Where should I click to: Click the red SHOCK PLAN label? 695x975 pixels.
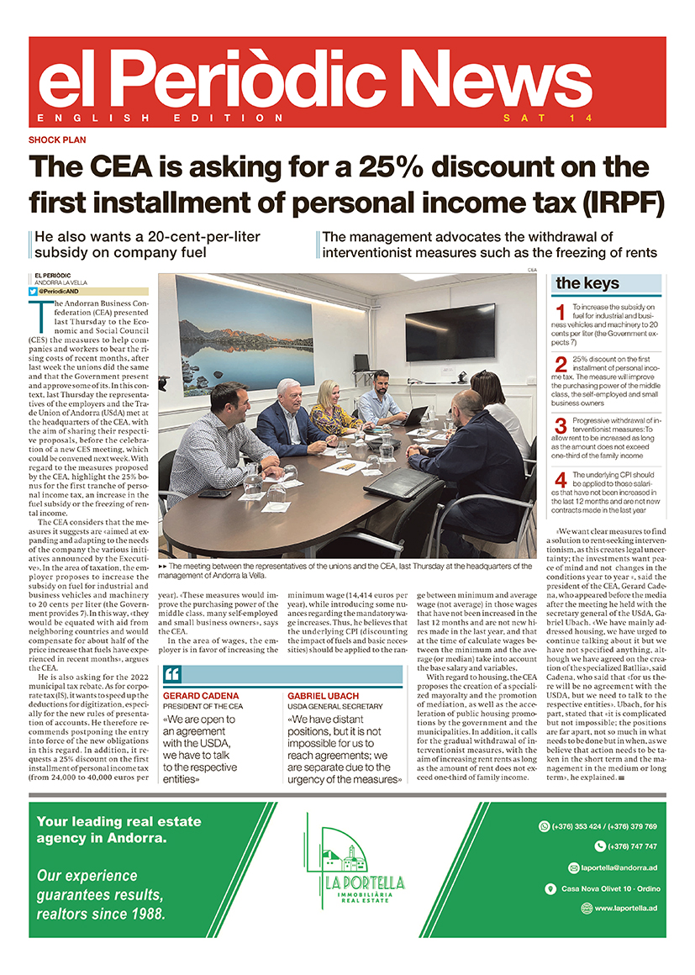click(58, 140)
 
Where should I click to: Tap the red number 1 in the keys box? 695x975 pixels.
click(561, 315)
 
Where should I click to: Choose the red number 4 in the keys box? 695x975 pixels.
click(561, 482)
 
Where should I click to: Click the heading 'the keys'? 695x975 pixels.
click(587, 283)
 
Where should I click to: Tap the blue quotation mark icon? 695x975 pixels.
click(172, 675)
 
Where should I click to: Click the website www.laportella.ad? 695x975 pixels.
click(625, 908)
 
